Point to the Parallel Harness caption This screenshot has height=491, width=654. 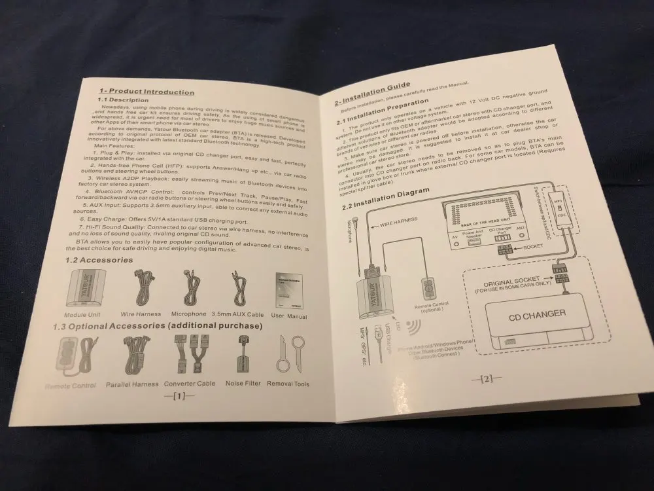pyautogui.click(x=132, y=384)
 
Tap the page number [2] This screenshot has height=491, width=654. pyautogui.click(x=487, y=378)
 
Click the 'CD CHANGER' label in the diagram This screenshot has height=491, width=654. pyautogui.click(x=537, y=314)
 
